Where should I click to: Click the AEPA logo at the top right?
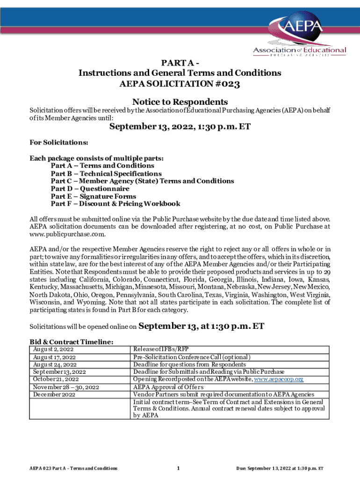pos(299,36)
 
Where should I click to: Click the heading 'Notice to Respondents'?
pos(180,102)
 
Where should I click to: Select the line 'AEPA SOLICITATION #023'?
pos(180,85)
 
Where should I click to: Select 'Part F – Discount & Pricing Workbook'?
pos(115,204)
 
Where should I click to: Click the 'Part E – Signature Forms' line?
pos(93,196)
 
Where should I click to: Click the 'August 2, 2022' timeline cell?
pos(53,349)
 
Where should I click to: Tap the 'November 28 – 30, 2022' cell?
pos(65,387)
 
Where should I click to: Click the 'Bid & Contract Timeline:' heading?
pos(72,342)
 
